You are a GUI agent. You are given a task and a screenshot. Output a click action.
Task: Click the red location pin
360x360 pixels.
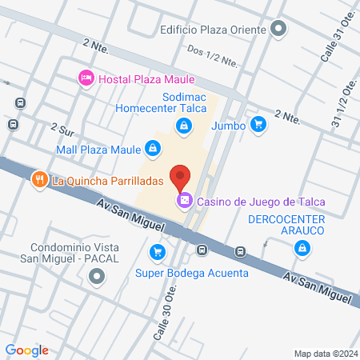tap(182, 178)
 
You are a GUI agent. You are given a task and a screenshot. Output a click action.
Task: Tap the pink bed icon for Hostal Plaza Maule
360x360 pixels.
tap(85, 78)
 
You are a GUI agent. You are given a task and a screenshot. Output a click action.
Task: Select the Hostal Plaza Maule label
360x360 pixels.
tap(146, 78)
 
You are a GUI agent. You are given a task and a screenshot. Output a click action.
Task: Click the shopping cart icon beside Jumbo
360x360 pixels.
tap(258, 124)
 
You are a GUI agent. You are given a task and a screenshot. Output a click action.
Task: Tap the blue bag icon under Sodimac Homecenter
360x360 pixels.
tap(185, 126)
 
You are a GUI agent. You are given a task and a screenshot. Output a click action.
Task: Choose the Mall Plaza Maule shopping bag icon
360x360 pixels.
tap(152, 148)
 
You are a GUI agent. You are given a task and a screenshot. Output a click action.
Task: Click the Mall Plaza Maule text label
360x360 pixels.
tap(98, 148)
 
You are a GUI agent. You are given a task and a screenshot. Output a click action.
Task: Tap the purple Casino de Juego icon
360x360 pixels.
tap(184, 200)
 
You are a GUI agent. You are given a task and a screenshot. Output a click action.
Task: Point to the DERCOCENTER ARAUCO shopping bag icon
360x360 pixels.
tap(302, 250)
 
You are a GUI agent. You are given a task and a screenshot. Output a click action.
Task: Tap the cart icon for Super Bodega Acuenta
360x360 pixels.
tap(157, 253)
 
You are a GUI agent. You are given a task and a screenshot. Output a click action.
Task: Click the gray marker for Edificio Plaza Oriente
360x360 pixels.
tap(278, 30)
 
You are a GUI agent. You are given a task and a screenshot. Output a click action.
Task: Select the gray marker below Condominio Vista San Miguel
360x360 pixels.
tap(97, 278)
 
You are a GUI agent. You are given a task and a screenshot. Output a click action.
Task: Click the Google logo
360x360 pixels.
tap(27, 350)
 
